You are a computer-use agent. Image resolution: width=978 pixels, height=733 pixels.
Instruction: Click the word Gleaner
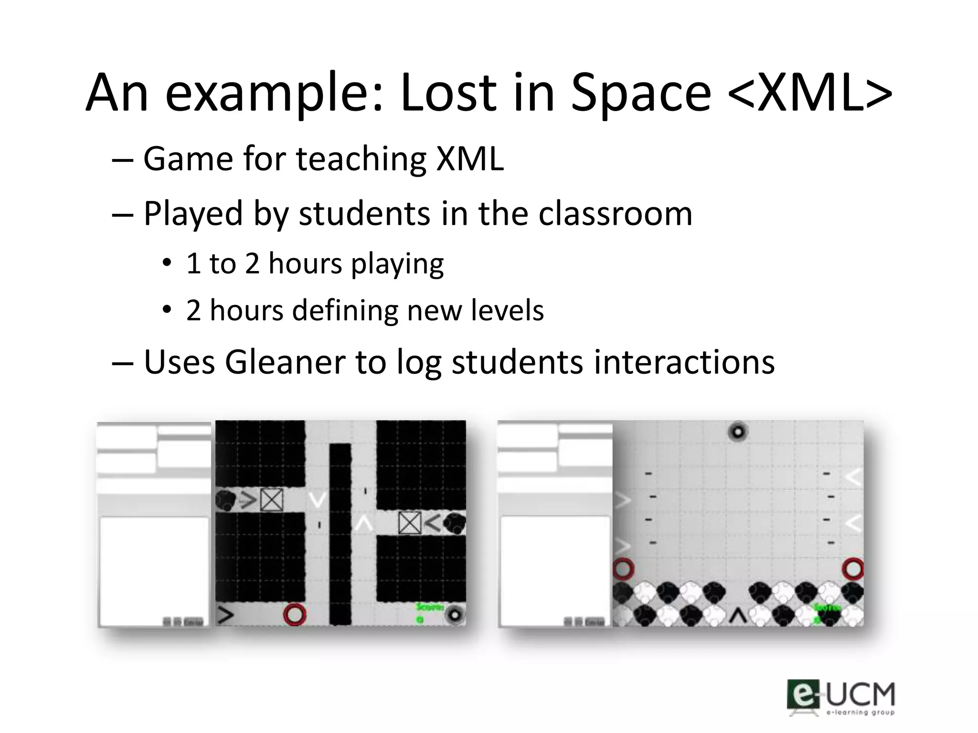tap(285, 362)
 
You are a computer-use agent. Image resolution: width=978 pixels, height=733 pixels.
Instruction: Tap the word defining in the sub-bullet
tap(345, 311)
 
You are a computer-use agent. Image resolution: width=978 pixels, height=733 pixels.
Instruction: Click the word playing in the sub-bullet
tap(397, 264)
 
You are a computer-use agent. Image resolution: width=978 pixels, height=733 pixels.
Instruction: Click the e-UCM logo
tap(841, 697)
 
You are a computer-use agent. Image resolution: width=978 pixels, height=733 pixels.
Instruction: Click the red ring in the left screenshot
tap(294, 614)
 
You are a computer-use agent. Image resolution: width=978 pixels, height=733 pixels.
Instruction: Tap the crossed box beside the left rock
tap(272, 500)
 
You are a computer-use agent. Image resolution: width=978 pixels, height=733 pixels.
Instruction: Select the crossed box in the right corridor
tap(410, 523)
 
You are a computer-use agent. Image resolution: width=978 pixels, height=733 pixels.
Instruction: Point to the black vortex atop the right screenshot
tap(738, 432)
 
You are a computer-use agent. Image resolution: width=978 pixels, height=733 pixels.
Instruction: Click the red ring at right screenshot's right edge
tap(853, 568)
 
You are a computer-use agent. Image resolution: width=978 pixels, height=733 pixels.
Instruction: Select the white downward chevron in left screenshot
tap(317, 500)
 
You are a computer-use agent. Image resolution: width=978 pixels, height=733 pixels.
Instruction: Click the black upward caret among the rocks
tap(738, 616)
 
